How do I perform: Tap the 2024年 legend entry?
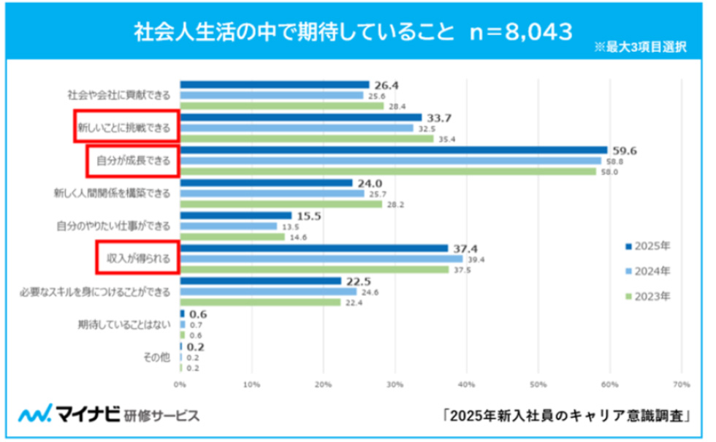pyautogui.click(x=647, y=271)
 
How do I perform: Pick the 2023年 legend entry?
pyautogui.click(x=647, y=296)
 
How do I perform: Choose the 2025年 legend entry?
pyautogui.click(x=647, y=245)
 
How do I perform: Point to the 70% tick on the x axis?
pyautogui.click(x=680, y=384)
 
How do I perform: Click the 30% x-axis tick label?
pyautogui.click(x=395, y=384)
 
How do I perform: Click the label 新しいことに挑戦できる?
pyautogui.click(x=124, y=129)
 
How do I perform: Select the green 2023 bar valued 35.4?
pyautogui.click(x=307, y=139)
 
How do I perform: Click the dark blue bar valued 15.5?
pyautogui.click(x=235, y=216)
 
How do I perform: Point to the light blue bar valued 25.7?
pyautogui.click(x=272, y=194)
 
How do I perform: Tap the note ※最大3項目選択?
pyautogui.click(x=641, y=47)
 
